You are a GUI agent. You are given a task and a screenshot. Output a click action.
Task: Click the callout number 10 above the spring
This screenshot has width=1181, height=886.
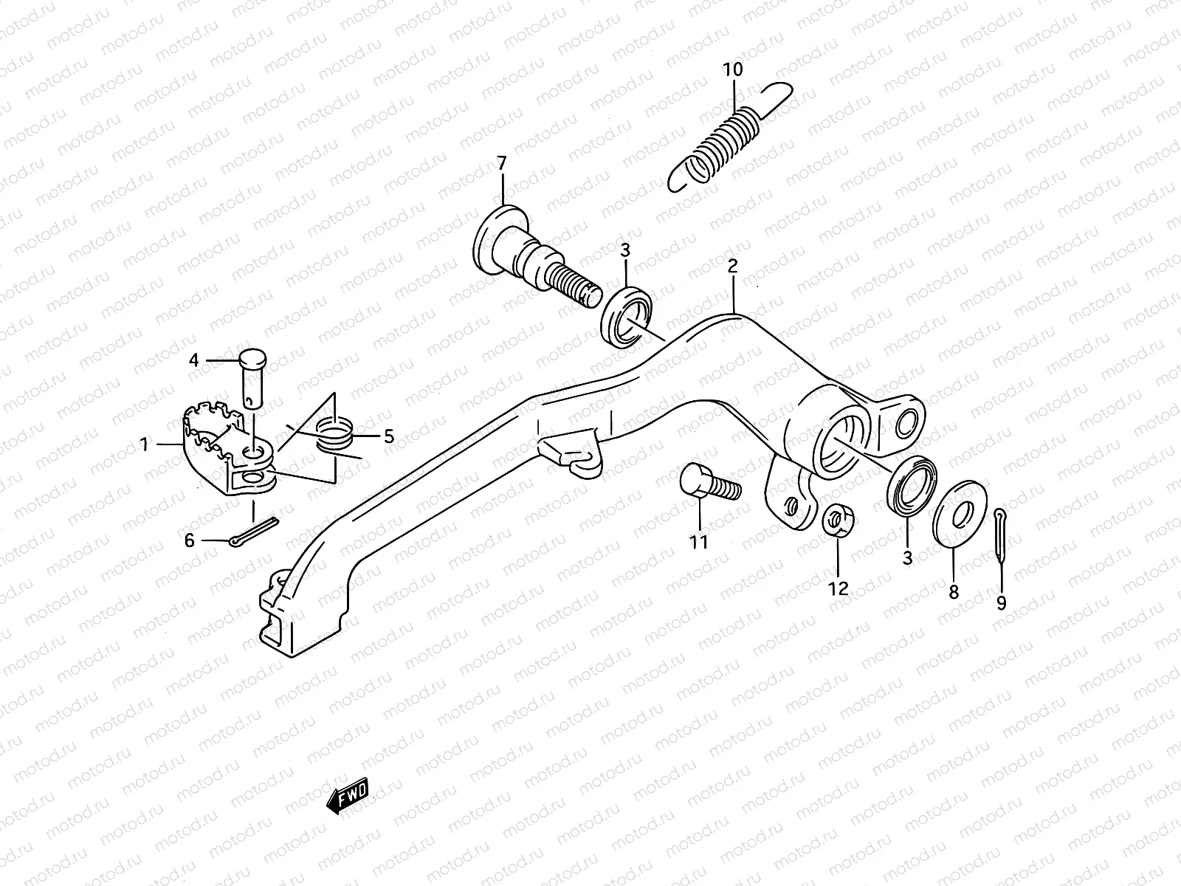tap(733, 70)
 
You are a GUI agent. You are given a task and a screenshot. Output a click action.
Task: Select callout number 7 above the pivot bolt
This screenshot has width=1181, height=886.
tap(502, 163)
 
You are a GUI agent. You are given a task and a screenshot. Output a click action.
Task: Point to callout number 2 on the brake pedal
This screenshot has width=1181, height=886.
tap(732, 266)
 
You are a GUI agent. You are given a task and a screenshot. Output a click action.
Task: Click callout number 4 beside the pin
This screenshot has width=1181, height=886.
tap(194, 361)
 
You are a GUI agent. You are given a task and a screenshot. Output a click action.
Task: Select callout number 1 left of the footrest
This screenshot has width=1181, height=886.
tap(145, 444)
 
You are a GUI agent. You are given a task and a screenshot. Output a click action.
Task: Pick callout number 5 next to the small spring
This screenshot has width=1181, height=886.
tap(388, 437)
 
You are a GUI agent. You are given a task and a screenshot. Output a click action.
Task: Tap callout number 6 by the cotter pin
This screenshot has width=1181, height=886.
tap(190, 541)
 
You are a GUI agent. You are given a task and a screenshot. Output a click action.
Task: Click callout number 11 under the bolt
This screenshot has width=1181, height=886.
tap(698, 542)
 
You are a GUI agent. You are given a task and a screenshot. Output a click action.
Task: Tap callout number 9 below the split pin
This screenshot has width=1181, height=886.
tap(1001, 603)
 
